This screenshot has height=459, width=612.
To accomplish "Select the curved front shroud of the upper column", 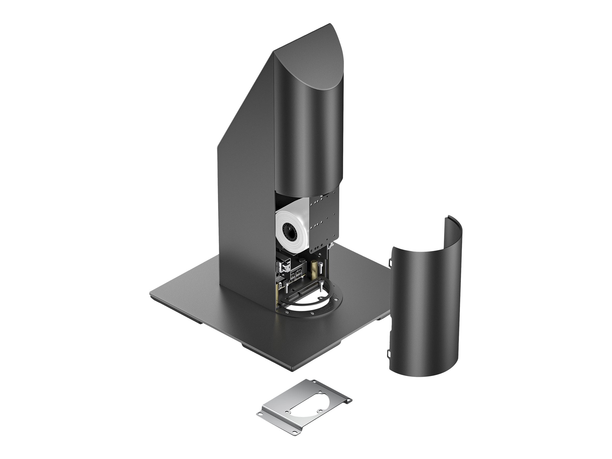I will click(307, 138).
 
